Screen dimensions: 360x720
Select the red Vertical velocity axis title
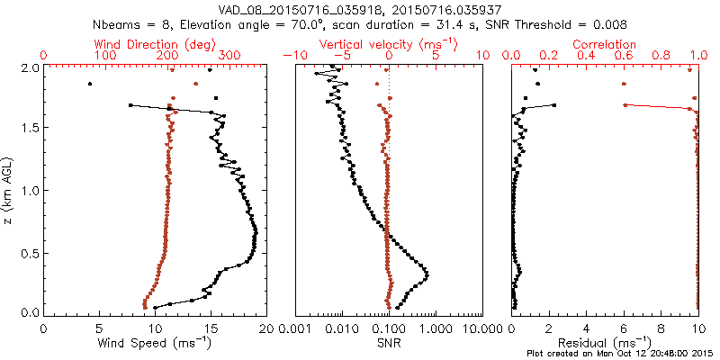386,44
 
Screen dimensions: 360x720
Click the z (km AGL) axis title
9,189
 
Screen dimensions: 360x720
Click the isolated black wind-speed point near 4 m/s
89,85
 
